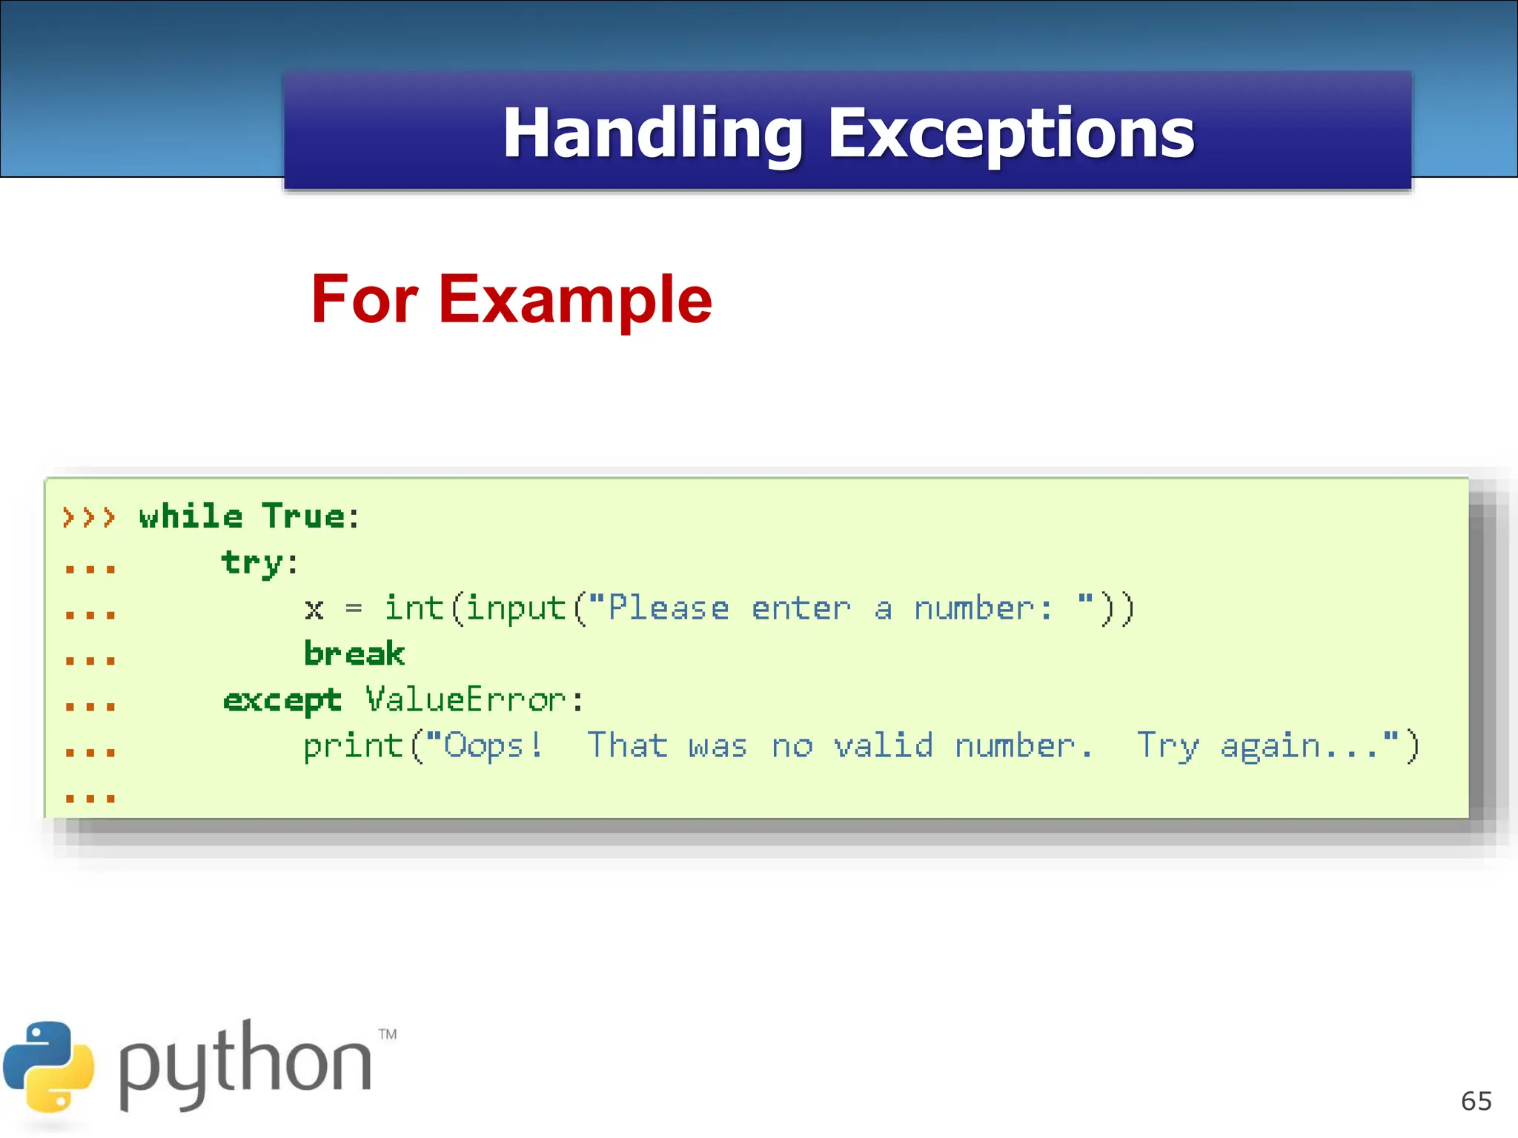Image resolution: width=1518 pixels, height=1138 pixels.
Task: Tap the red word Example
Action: coord(575,299)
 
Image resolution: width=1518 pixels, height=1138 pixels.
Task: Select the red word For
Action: coord(365,299)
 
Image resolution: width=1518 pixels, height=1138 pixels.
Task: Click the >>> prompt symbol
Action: coord(89,516)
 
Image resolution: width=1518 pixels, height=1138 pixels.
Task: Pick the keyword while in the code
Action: coord(190,516)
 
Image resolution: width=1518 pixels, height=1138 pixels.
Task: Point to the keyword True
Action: coord(303,516)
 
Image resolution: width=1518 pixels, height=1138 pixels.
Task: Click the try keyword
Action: coord(251,563)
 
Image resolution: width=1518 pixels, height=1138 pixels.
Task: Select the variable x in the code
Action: coord(314,610)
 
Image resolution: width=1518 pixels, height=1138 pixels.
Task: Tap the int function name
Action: coord(414,608)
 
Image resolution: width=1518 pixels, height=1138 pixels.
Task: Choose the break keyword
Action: coord(354,654)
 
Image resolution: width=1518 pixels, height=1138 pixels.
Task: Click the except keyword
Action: coord(282,701)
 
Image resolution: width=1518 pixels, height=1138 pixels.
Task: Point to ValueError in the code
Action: coord(465,700)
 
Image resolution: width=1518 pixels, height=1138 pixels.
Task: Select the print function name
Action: coord(353,747)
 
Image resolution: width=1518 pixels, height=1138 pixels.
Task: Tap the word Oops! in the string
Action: coord(494,745)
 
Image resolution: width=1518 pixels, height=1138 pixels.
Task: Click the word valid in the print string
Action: coord(884,745)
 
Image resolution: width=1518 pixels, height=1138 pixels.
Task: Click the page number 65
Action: coord(1476,1101)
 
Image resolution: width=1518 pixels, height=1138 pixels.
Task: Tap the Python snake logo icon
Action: coord(49,1067)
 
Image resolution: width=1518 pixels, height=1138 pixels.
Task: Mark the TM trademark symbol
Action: coord(388,1034)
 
